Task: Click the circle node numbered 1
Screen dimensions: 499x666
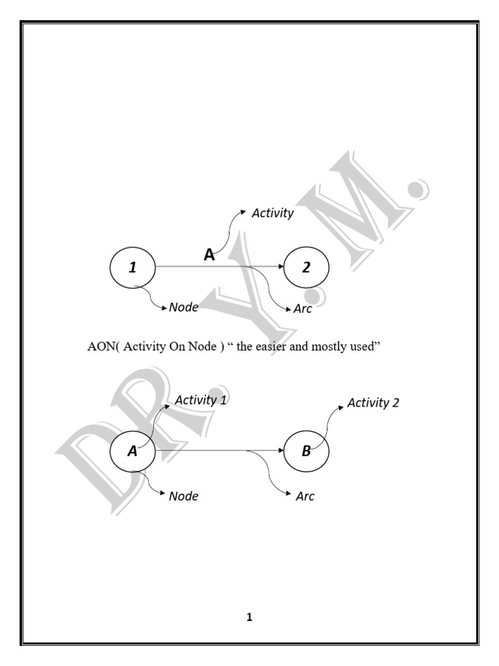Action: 133,267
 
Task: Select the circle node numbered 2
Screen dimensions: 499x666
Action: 307,267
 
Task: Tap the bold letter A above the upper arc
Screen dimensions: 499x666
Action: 209,256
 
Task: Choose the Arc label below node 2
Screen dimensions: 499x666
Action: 302,308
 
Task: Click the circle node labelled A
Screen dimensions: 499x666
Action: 133,451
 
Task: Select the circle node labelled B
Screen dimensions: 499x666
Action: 307,451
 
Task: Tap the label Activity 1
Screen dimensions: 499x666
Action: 201,400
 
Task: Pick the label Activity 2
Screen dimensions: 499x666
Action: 373,403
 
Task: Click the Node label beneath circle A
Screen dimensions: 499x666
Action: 183,496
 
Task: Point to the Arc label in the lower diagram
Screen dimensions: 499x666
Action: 305,497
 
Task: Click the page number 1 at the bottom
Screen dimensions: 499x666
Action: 249,618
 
